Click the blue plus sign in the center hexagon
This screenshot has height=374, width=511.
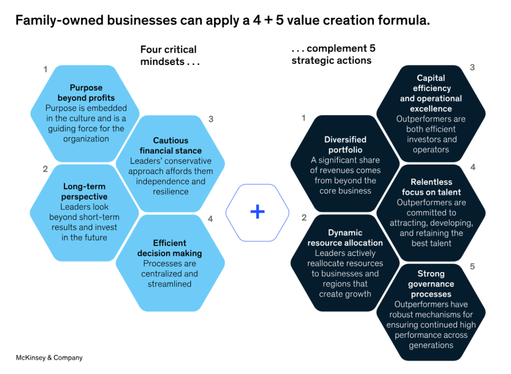(257, 212)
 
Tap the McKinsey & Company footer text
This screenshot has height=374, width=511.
(49, 357)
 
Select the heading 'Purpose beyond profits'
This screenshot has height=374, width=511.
(86, 93)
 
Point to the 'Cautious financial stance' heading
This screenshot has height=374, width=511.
(170, 145)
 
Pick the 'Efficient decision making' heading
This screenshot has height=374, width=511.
(170, 248)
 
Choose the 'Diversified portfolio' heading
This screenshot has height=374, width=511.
(345, 144)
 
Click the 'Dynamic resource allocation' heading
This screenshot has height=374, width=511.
(345, 237)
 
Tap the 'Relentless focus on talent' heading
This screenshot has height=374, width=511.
(431, 187)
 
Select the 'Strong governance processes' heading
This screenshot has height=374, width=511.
(431, 284)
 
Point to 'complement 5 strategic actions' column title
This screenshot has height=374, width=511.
(333, 54)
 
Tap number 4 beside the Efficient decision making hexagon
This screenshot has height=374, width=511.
(210, 219)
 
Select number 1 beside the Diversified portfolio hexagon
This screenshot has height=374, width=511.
(303, 117)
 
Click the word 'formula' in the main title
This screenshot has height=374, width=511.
(403, 21)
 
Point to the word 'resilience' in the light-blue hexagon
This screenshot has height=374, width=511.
(171, 191)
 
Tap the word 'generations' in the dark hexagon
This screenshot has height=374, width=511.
(431, 345)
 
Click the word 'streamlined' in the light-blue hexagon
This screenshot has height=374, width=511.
(170, 284)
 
